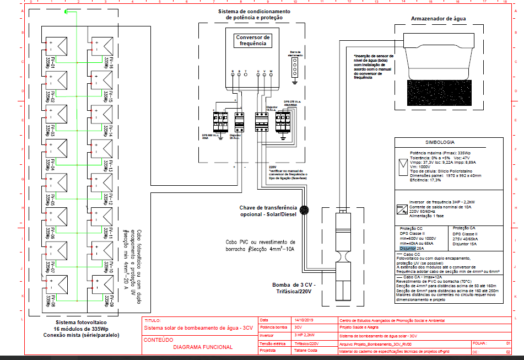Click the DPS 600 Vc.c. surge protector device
[218, 121]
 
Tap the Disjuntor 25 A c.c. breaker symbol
[239, 121]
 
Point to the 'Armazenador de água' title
[439, 18]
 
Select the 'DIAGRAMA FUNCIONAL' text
[202, 347]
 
